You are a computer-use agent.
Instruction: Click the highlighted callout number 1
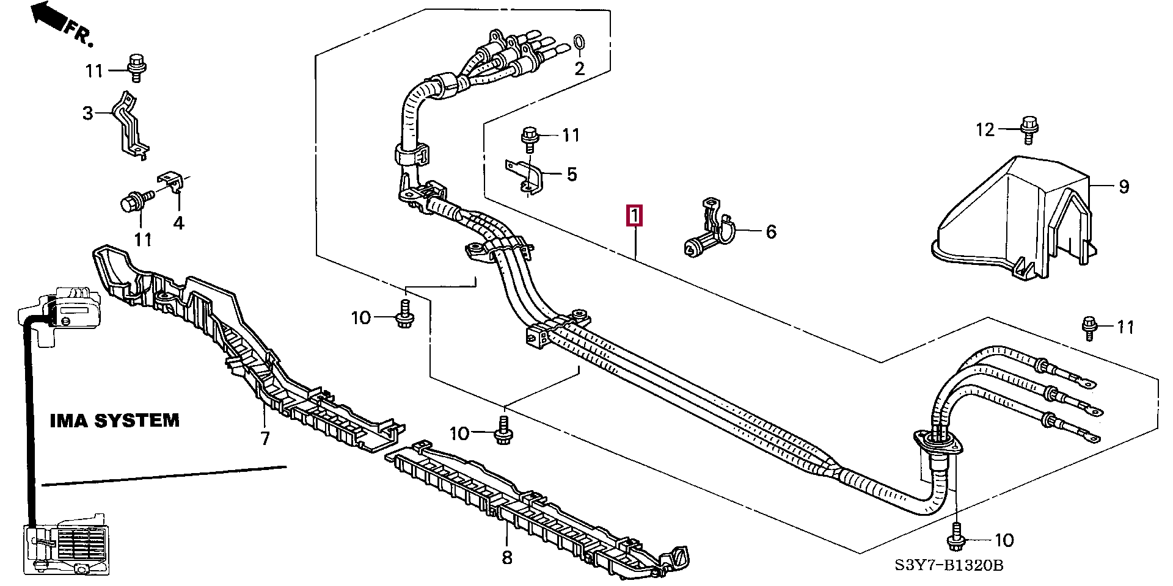pos(635,215)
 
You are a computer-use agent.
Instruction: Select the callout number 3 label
pos(88,113)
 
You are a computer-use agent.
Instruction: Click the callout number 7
pos(265,438)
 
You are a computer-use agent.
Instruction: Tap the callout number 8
pos(507,557)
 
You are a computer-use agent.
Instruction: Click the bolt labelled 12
pos(1028,129)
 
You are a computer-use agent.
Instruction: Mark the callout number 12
pos(985,129)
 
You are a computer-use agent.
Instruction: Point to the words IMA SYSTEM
pos(114,420)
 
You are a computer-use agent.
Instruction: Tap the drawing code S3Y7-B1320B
pos(949,565)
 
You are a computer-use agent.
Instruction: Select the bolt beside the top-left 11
pos(136,68)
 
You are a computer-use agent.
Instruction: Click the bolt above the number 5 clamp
pos(530,140)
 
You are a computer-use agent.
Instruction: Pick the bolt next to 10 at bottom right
pos(956,537)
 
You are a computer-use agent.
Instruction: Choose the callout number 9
pos(1124,187)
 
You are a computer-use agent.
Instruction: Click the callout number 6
pos(771,231)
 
